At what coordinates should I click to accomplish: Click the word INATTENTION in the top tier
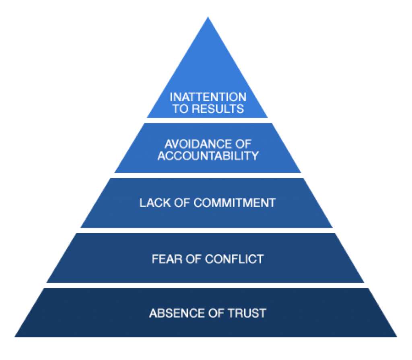pyautogui.click(x=208, y=97)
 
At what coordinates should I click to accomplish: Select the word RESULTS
pyautogui.click(x=218, y=109)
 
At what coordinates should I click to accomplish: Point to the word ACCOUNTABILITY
pyautogui.click(x=208, y=156)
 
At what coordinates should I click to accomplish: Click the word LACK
pyautogui.click(x=152, y=203)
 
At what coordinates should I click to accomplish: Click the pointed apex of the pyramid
pyautogui.click(x=208, y=18)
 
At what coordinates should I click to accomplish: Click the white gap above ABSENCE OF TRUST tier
pyautogui.click(x=206, y=285)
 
